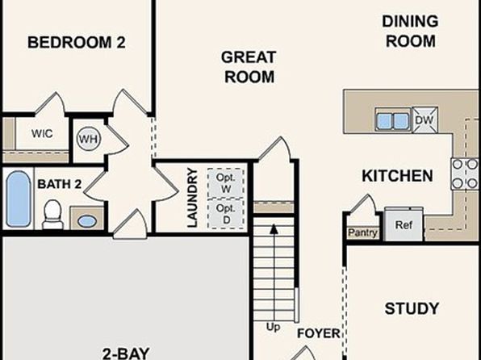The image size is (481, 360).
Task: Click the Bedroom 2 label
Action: pyautogui.click(x=77, y=42)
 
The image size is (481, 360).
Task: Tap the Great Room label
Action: pyautogui.click(x=249, y=67)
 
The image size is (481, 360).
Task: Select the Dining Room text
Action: pyautogui.click(x=410, y=31)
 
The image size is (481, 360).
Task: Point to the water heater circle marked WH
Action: pyautogui.click(x=88, y=139)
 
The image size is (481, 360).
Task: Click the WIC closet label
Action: pyautogui.click(x=42, y=133)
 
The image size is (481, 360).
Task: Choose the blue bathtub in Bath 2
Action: pyautogui.click(x=19, y=199)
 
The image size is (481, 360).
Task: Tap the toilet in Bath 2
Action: pyautogui.click(x=52, y=214)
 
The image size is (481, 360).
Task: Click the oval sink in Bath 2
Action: pyautogui.click(x=87, y=221)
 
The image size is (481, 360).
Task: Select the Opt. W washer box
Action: pyautogui.click(x=226, y=183)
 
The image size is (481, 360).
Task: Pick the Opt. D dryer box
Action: pyautogui.click(x=226, y=214)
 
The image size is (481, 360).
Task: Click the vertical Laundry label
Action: pyautogui.click(x=192, y=198)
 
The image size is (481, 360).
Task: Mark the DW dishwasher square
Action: pyautogui.click(x=425, y=119)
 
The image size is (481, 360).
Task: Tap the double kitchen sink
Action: pyautogui.click(x=393, y=120)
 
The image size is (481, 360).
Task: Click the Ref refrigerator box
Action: pyautogui.click(x=404, y=224)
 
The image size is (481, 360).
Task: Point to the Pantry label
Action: pyautogui.click(x=362, y=232)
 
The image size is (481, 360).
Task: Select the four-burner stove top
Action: pyautogui.click(x=466, y=174)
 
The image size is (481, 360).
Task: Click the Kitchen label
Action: pyautogui.click(x=397, y=176)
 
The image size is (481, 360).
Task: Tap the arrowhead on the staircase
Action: pyautogui.click(x=274, y=229)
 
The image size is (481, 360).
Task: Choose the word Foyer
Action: pyautogui.click(x=319, y=333)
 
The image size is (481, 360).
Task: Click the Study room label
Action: pyautogui.click(x=412, y=308)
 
